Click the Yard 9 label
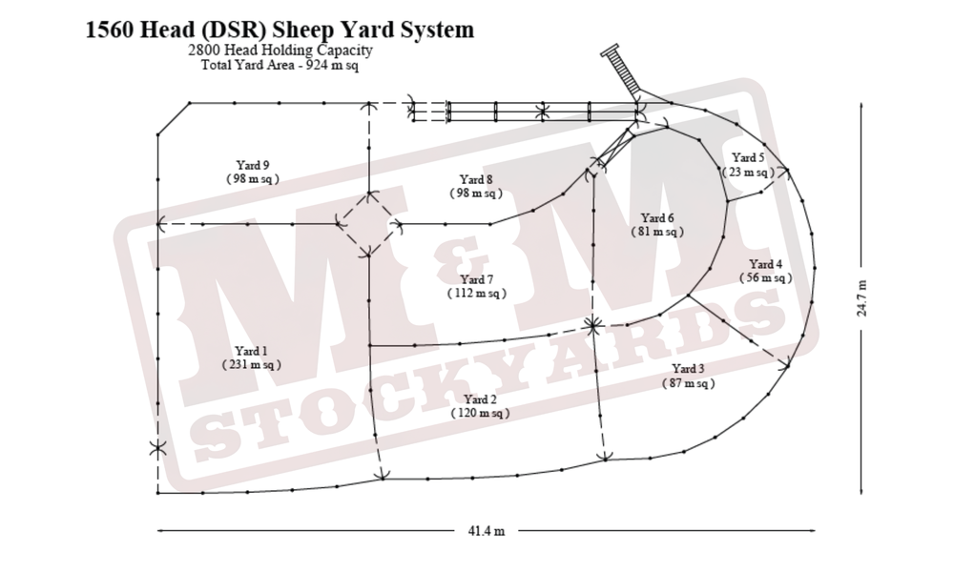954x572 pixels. click(x=253, y=165)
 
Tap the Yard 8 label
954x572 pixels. click(x=476, y=180)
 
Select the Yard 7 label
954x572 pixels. click(x=476, y=279)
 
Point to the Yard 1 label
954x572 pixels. click(x=251, y=352)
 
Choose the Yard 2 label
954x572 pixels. click(x=480, y=399)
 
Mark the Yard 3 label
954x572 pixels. click(x=688, y=369)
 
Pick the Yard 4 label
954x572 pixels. click(x=765, y=264)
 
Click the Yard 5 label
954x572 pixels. click(x=748, y=158)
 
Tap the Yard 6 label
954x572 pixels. click(x=657, y=218)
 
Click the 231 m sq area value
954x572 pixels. click(x=251, y=365)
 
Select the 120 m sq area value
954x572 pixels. click(x=480, y=414)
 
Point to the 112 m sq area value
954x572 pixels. click(x=476, y=293)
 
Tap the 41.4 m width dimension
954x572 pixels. click(x=487, y=531)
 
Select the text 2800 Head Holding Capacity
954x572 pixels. click(x=280, y=50)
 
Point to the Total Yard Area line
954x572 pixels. click(x=280, y=65)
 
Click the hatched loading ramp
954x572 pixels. click(x=621, y=69)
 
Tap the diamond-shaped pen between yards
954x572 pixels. click(x=368, y=224)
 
